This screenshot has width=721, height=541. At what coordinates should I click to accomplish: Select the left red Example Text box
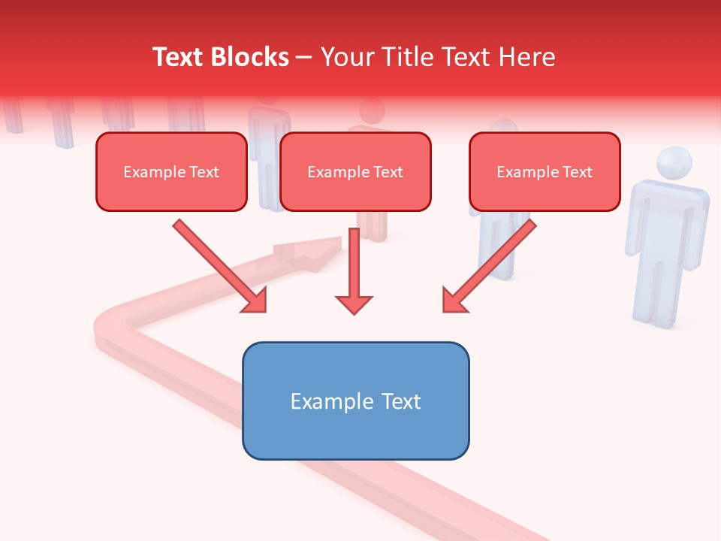coord(171,172)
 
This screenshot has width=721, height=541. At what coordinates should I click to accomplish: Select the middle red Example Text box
coord(355,172)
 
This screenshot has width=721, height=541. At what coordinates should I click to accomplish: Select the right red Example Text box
coord(545,172)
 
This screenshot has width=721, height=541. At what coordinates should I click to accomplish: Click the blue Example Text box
coord(355,400)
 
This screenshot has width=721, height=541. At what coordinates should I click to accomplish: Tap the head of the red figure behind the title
coord(371,111)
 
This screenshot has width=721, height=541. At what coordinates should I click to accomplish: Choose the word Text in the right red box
coord(577,172)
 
